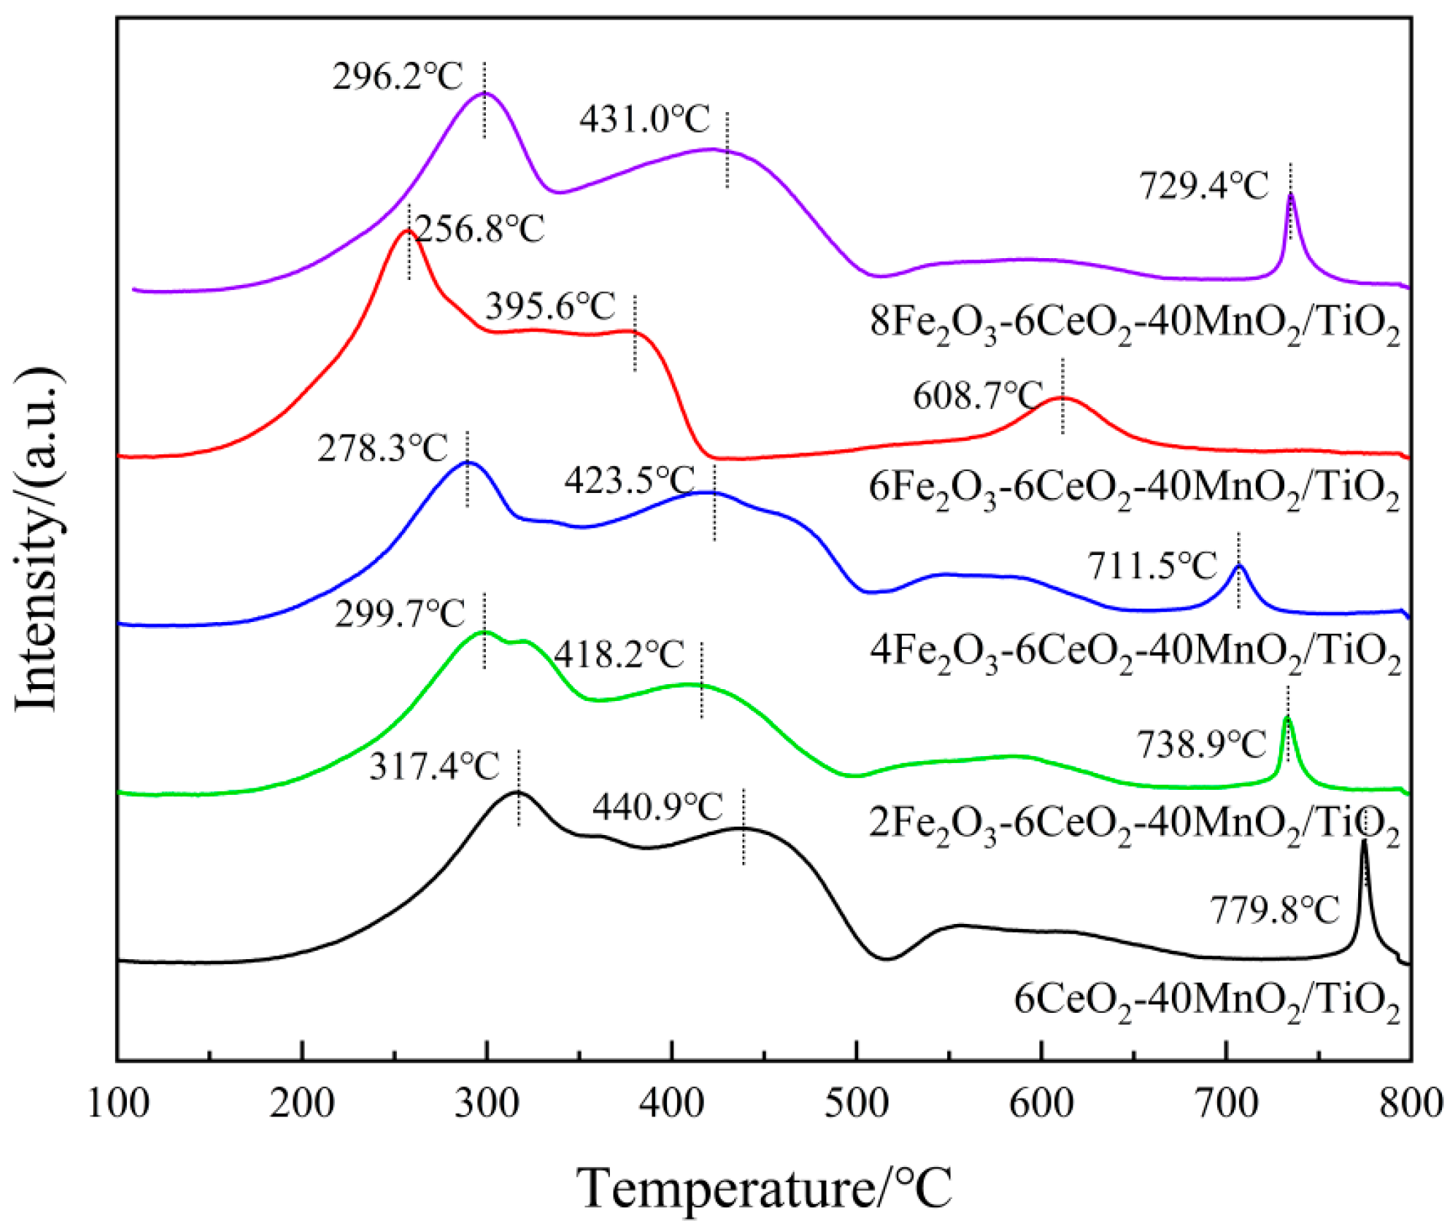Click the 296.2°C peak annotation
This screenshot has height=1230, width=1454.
tap(397, 76)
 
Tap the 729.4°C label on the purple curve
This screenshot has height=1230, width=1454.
tap(1204, 186)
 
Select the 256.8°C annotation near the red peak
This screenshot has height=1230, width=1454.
tap(479, 229)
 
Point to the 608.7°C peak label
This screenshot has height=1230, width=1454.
tap(977, 395)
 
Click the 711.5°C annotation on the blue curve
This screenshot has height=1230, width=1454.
tap(1151, 566)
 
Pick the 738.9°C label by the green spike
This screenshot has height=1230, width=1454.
tap(1201, 745)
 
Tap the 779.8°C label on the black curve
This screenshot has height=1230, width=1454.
tap(1274, 910)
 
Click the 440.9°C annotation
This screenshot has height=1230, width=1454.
tap(657, 806)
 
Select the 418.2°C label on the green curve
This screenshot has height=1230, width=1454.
tap(618, 654)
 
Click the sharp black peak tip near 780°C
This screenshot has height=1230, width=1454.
tap(1364, 842)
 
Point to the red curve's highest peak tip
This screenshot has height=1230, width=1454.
tap(406, 231)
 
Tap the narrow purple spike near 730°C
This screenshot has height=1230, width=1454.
tap(1290, 195)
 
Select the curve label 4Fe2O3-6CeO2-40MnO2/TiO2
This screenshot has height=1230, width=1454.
tap(1135, 652)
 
